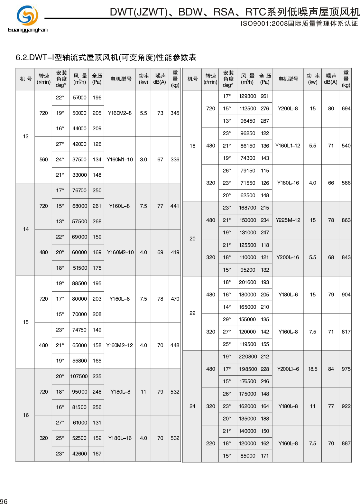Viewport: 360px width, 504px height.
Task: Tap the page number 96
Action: pos(4,501)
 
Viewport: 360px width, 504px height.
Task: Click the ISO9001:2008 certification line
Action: pos(299,23)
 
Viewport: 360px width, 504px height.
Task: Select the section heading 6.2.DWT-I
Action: pos(106,58)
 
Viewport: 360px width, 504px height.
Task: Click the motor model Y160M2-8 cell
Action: pos(120,113)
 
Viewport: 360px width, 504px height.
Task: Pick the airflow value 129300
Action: pos(247,96)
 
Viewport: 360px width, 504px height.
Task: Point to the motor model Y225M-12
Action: pos(288,220)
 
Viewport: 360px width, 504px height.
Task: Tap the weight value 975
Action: pos(346,369)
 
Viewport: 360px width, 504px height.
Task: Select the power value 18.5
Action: pos(313,369)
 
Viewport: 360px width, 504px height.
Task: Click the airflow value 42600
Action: pos(79,453)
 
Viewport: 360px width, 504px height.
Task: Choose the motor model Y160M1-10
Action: pos(120,159)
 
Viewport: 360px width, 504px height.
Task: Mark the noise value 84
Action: pos(331,369)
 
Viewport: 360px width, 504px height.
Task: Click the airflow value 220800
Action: pos(247,357)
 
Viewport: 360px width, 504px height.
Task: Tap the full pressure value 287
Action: pos(265,121)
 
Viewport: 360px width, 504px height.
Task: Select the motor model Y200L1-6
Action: pos(288,369)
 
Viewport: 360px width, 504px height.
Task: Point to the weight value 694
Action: pos(346,108)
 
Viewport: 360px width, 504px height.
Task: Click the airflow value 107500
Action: pos(79,376)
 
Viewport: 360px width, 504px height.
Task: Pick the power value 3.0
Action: pos(143,159)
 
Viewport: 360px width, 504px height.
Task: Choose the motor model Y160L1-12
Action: pos(288,146)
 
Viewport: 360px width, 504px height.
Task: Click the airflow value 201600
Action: pos(247,282)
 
